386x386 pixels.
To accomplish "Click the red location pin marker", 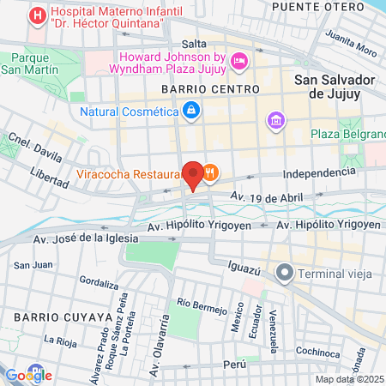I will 194,174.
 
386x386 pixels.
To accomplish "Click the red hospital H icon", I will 38,15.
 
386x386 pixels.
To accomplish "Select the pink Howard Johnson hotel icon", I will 239,60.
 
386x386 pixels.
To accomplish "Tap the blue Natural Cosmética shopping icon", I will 190,111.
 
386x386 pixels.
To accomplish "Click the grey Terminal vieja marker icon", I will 284,273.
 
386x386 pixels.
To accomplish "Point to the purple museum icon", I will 275,119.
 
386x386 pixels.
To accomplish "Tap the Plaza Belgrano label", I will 348,134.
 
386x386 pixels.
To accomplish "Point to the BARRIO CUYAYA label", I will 48,317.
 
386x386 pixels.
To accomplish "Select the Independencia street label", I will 318,173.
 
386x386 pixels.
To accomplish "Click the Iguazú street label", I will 244,266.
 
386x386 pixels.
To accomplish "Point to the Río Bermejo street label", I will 201,305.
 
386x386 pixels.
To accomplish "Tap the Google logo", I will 28,375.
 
